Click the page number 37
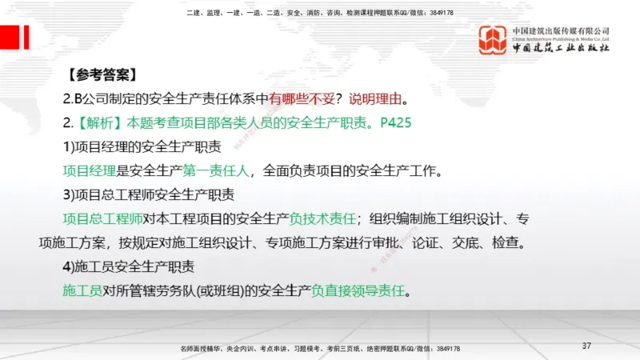tap(586, 346)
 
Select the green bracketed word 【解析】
tap(101, 124)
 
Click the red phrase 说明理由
tap(376, 100)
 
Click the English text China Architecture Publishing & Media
tap(562, 38)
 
